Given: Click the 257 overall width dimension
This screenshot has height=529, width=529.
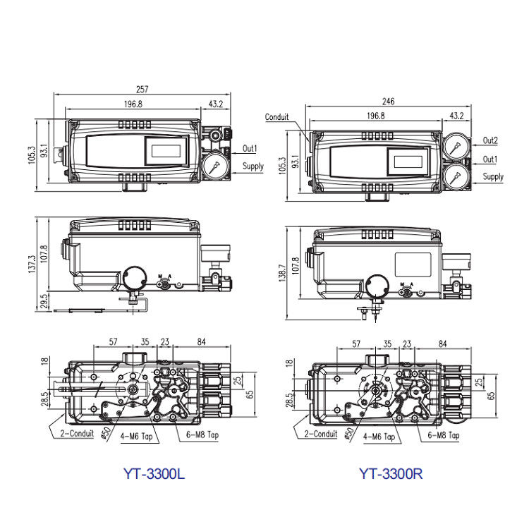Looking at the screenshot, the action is point(142,89).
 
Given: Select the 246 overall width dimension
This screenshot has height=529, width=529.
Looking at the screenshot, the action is point(388,101).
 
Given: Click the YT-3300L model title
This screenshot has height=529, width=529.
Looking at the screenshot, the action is point(154,473).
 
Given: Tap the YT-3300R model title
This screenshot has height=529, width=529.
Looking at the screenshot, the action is point(391,473).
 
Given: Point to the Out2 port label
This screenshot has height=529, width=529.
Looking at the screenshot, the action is point(490,140).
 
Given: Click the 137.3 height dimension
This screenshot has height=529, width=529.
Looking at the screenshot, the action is point(32,264).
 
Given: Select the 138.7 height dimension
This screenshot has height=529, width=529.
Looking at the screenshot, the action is point(282,272).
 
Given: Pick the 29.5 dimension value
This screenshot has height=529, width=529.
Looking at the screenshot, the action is point(44,301).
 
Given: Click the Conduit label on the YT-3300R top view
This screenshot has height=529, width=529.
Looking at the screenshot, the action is point(276,117).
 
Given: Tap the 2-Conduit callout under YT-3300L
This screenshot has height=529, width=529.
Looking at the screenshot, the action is point(77,433).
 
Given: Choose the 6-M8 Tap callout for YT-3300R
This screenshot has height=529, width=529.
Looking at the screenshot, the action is point(444,435).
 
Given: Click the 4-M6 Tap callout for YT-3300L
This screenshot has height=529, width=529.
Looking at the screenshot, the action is point(136,436).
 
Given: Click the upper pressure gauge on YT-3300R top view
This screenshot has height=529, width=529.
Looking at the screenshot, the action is point(456,146).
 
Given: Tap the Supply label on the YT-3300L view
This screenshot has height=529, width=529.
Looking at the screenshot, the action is point(253,166).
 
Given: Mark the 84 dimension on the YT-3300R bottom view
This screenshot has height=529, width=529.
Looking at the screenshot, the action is point(442,343).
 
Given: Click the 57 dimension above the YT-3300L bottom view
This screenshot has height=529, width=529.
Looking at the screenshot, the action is point(113,342).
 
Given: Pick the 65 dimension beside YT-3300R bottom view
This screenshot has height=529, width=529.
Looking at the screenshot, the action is point(491,395).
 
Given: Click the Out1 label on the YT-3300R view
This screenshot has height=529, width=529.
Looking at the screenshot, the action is point(490,159).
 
